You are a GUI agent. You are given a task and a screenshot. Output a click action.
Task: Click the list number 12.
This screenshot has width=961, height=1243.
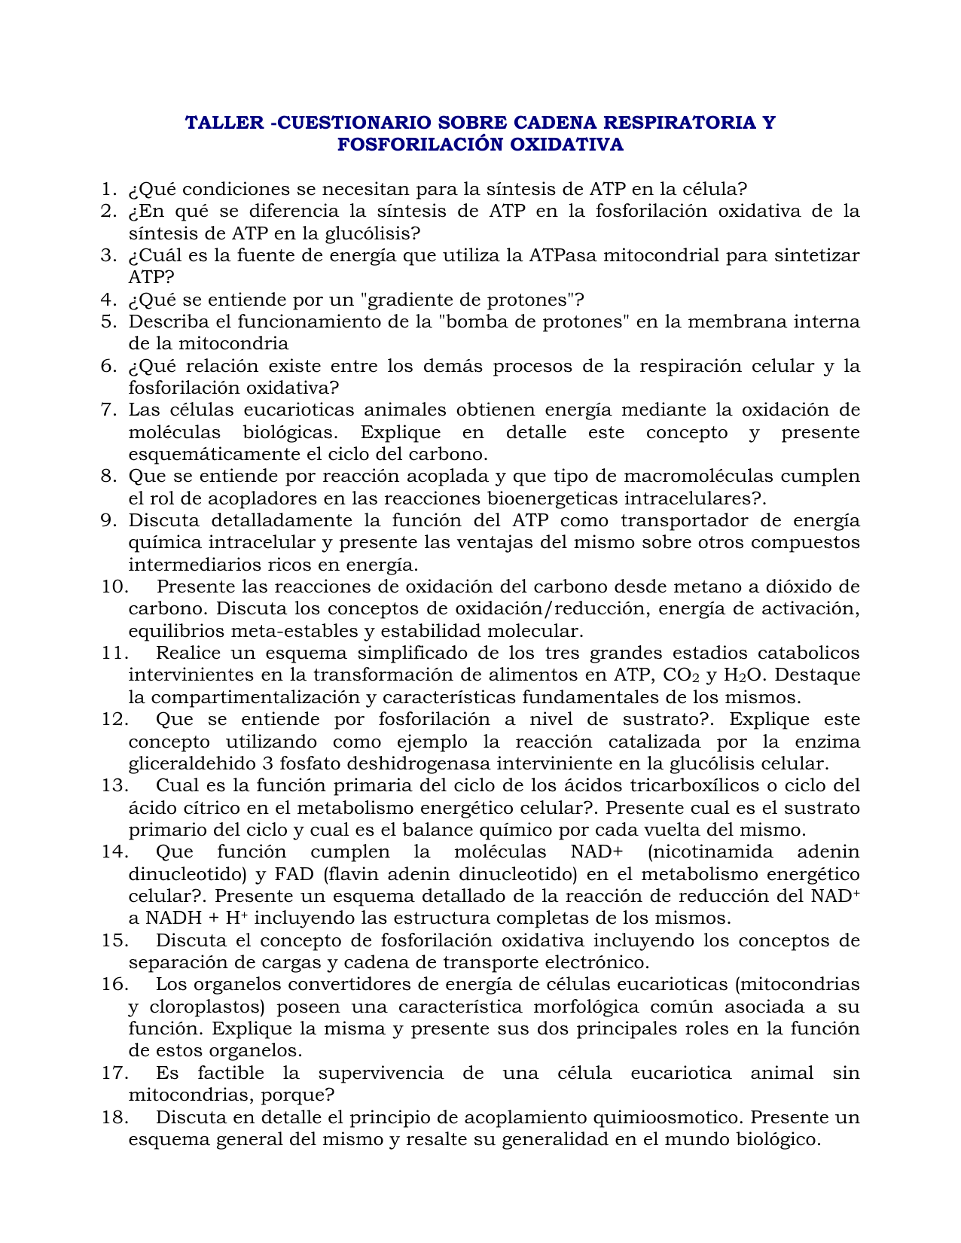[114, 720]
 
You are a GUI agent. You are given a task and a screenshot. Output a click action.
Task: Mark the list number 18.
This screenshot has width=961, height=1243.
[114, 1117]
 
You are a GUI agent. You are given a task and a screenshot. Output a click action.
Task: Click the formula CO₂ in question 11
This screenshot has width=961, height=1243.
[682, 676]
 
